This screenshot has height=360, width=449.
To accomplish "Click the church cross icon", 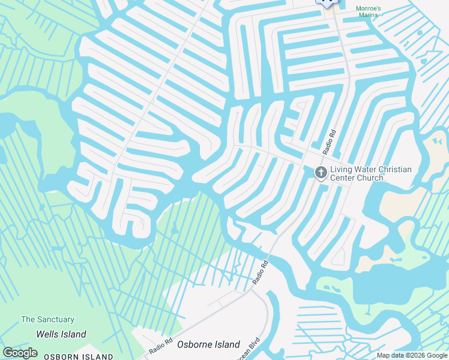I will [x=321, y=173].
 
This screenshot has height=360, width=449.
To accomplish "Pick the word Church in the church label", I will [x=370, y=178].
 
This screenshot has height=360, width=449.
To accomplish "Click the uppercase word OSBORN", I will [x=58, y=357].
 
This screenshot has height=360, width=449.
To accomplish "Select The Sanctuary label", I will [x=47, y=320].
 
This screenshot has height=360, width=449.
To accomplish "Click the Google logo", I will [x=20, y=352].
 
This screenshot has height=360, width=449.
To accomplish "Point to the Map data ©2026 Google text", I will [x=412, y=355].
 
